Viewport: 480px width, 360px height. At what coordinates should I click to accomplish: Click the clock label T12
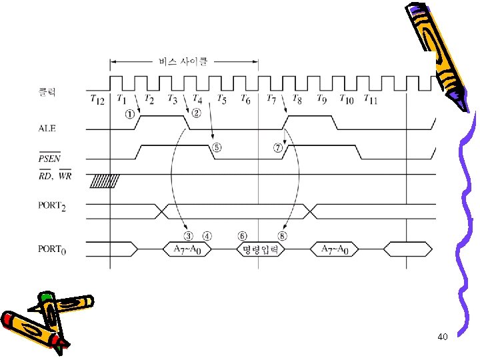pos(97,99)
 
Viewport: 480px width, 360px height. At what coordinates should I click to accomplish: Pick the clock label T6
pos(245,99)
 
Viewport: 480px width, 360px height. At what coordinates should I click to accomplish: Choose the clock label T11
pos(371,99)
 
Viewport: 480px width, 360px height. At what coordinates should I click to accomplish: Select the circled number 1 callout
pos(129,114)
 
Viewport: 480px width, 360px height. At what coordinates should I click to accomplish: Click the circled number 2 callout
pos(197,114)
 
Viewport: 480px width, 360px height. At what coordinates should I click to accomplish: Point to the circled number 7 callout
pos(279,148)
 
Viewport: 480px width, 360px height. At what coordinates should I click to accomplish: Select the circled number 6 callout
pos(242,235)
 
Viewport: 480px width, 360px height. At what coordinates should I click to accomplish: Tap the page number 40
pos(443,337)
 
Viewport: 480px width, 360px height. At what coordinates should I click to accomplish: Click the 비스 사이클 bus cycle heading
pos(182,62)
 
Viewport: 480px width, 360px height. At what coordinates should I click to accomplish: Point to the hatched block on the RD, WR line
pos(105,180)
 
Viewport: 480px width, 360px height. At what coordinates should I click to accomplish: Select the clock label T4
pos(197,99)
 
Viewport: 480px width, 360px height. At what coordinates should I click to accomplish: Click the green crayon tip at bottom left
pos(45,296)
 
